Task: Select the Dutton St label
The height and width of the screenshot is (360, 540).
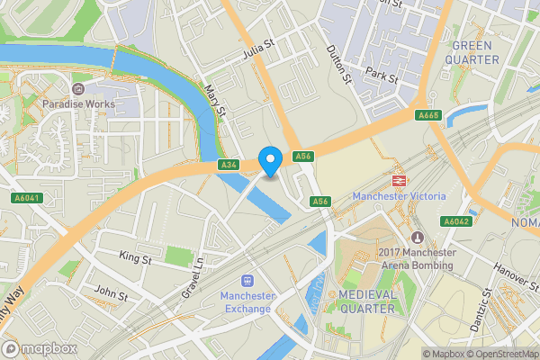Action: coord(337,67)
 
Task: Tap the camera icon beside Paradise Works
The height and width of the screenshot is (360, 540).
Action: coord(77,89)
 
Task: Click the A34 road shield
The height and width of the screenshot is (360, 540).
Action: coord(229,166)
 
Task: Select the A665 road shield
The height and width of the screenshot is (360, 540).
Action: coord(427,115)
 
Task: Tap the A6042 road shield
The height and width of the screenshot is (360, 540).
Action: coord(455,221)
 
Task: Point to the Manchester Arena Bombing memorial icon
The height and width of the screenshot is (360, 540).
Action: coord(417,237)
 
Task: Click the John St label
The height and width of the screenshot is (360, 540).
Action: coord(112,294)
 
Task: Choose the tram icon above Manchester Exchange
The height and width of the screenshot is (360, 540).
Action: coord(247,281)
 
